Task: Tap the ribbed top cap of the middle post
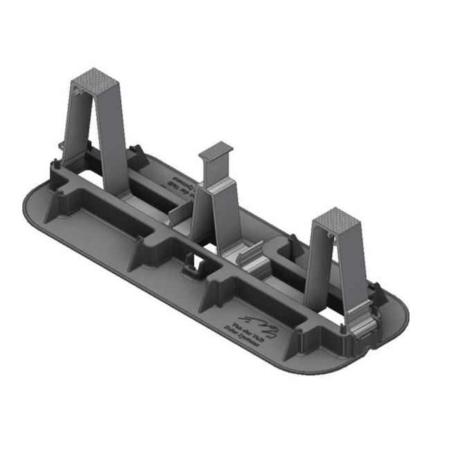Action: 216,149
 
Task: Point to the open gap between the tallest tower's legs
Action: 91,145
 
